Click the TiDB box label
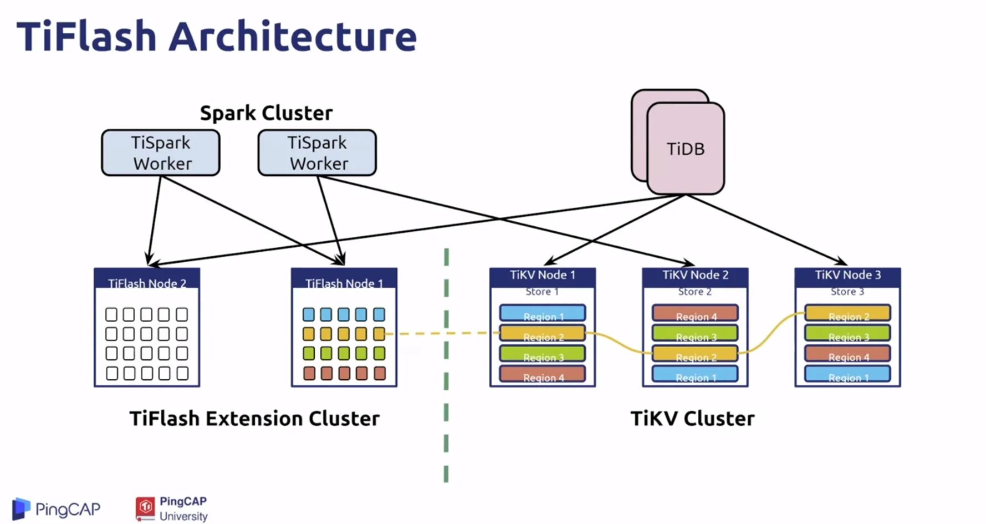click(686, 149)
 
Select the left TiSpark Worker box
click(161, 153)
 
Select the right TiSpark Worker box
click(317, 153)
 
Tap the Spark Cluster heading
click(266, 113)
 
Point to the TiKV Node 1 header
click(543, 275)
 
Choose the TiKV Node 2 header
click(695, 275)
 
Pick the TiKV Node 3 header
click(847, 275)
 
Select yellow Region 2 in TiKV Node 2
click(695, 354)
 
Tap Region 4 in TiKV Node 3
click(847, 354)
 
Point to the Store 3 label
click(847, 292)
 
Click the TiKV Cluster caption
click(692, 419)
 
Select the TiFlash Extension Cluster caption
click(254, 419)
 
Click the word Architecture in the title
click(293, 37)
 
